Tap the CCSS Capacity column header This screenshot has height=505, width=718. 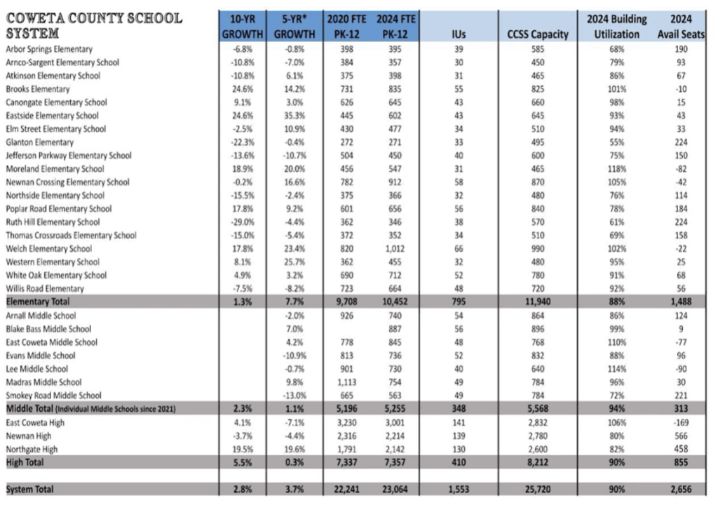[537, 34]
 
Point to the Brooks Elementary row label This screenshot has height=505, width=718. [38, 89]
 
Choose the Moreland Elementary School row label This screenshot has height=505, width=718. [55, 169]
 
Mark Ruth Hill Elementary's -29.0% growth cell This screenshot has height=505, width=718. [242, 222]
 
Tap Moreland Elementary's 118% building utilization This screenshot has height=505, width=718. [612, 169]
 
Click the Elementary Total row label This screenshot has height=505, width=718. [39, 302]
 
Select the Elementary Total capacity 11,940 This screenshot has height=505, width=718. [538, 302]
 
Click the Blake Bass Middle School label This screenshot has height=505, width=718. [48, 328]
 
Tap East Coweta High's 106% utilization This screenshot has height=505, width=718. [612, 422]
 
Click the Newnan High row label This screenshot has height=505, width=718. [28, 436]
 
